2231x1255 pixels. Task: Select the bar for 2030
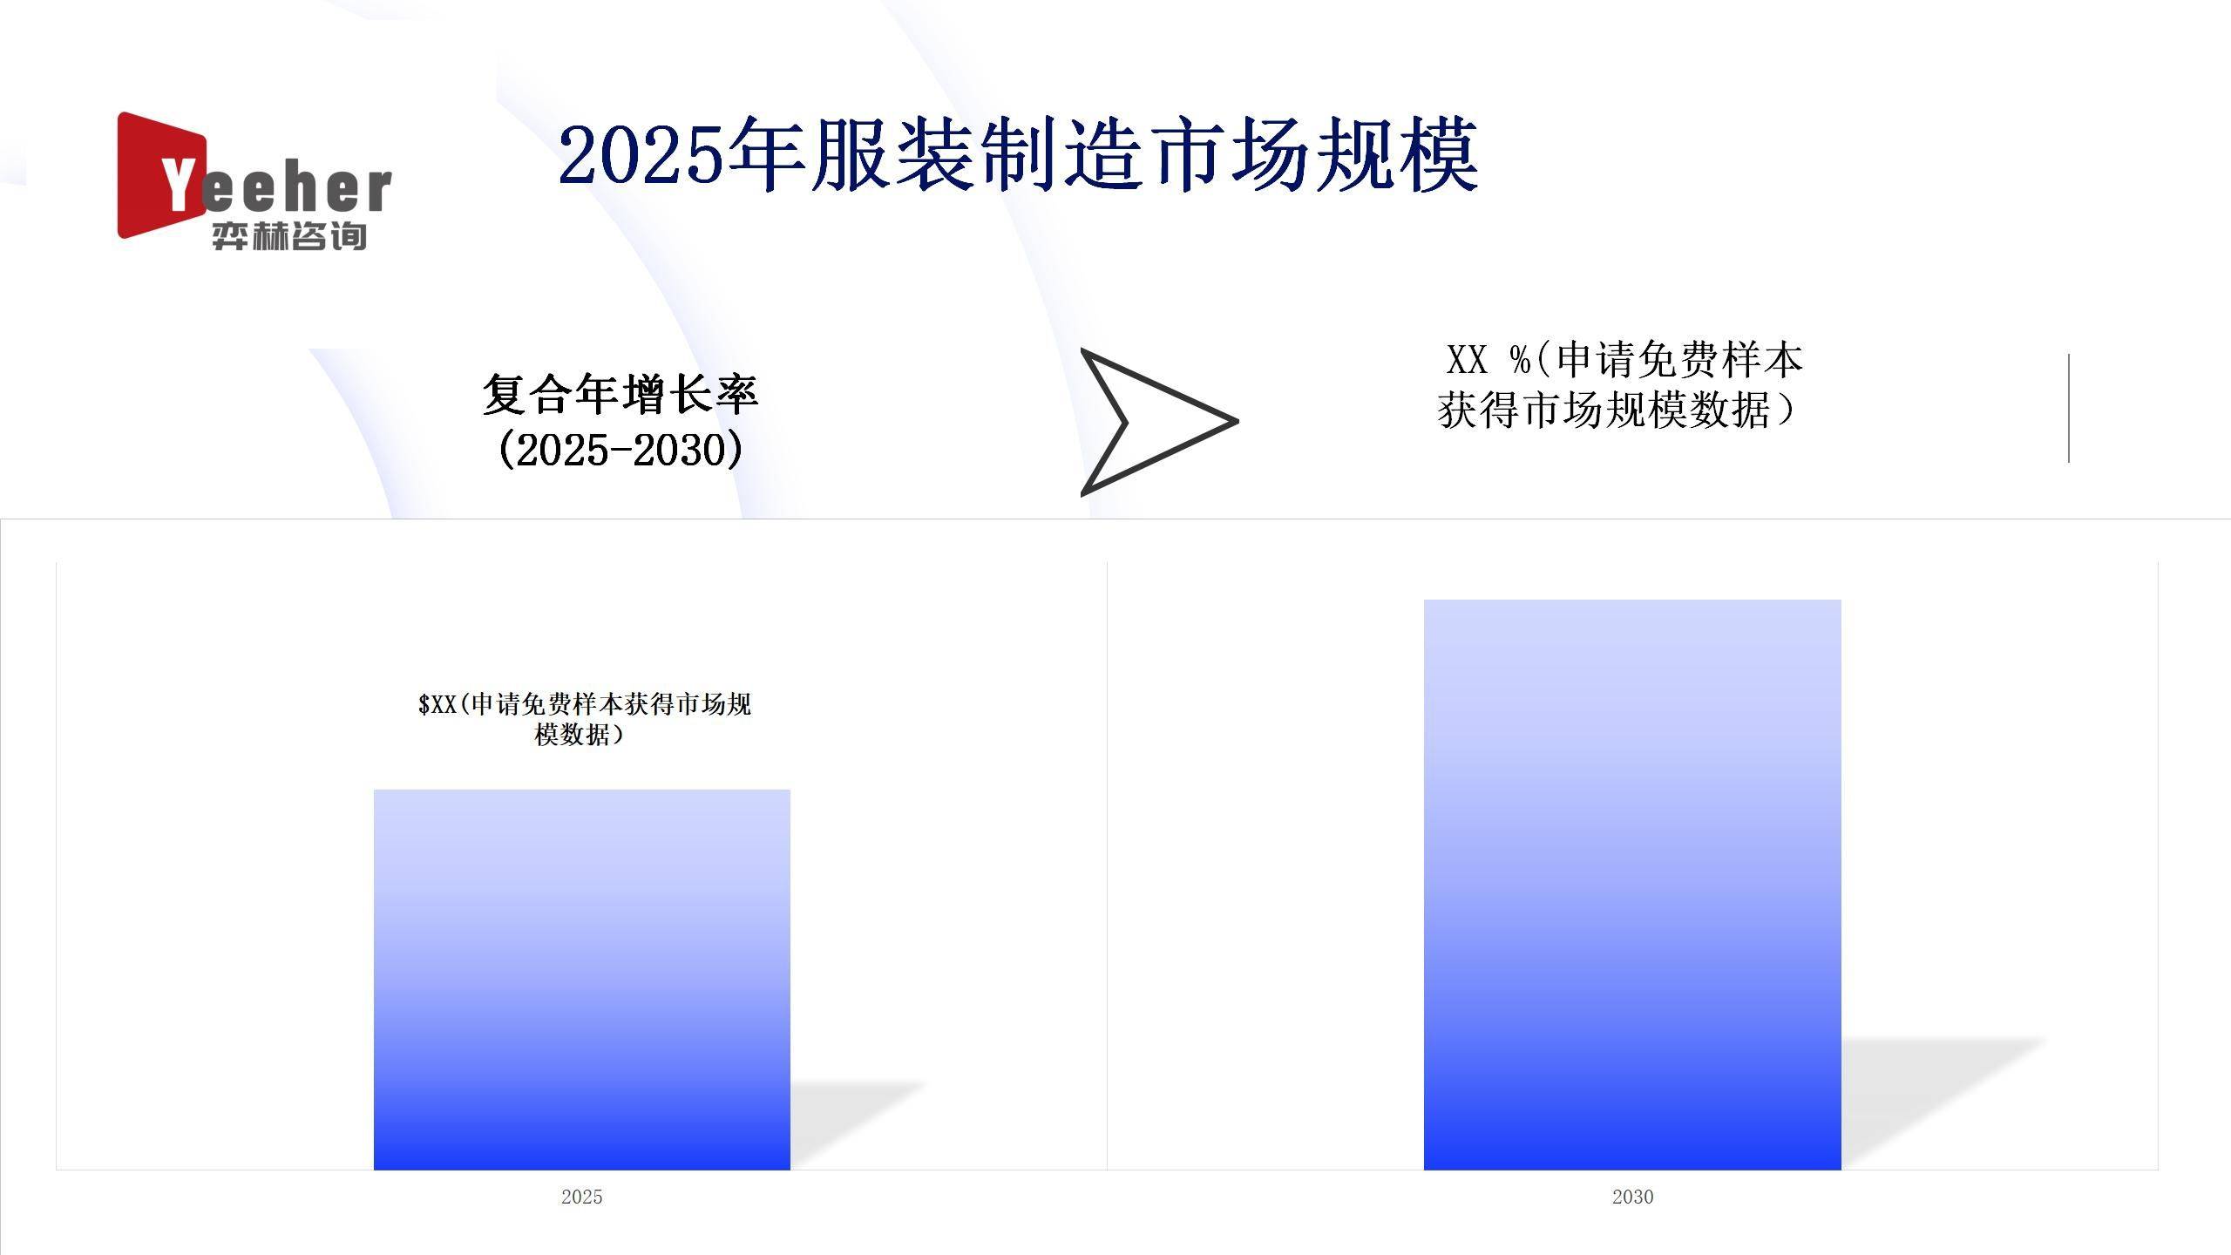[1631, 884]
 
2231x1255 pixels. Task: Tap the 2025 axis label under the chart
[581, 1197]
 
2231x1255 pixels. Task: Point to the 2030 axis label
[1631, 1197]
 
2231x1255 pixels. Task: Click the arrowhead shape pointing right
[1150, 422]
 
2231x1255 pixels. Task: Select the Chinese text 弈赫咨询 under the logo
[288, 236]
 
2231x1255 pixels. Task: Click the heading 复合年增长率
[620, 394]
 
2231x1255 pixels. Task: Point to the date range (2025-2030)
[620, 450]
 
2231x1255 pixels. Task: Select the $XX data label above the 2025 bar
[584, 719]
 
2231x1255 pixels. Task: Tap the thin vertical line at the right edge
[2068, 408]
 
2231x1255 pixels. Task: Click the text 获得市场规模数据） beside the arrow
[1617, 410]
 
